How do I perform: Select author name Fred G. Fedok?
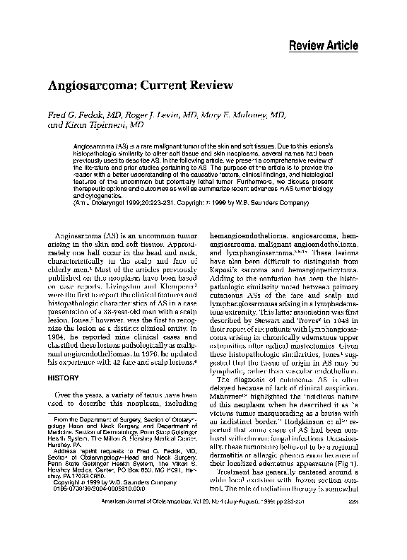point(76,115)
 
